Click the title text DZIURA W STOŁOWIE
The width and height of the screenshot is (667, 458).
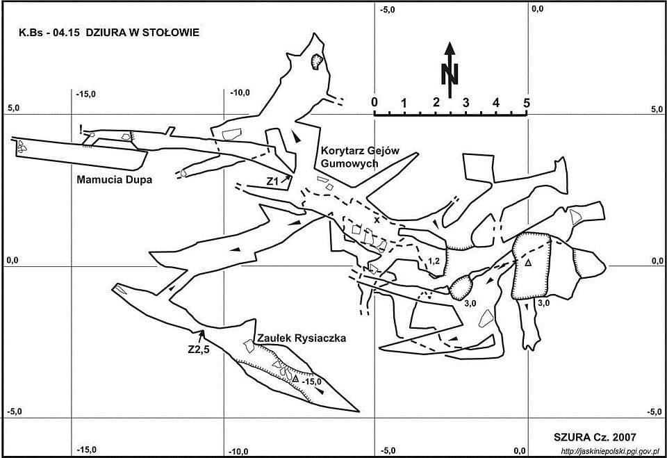(142, 33)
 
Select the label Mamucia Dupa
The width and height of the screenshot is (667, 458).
(115, 179)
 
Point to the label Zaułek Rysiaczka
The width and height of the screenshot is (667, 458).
(302, 338)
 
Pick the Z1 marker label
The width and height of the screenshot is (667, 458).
(272, 182)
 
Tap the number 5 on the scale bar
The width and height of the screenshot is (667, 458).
(527, 103)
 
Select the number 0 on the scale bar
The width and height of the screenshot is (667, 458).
(374, 103)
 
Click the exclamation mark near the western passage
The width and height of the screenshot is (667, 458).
(81, 129)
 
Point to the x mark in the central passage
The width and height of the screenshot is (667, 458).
(377, 220)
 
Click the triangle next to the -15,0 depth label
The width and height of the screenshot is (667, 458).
(295, 378)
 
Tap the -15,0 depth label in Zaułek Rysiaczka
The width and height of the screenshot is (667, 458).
(312, 382)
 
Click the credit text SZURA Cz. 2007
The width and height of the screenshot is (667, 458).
(595, 437)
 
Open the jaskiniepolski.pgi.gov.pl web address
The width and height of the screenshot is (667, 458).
(611, 451)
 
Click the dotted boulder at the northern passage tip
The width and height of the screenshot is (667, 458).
(317, 61)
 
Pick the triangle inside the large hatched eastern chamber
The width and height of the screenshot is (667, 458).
(528, 263)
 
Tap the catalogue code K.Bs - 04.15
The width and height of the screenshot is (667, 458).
(49, 33)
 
